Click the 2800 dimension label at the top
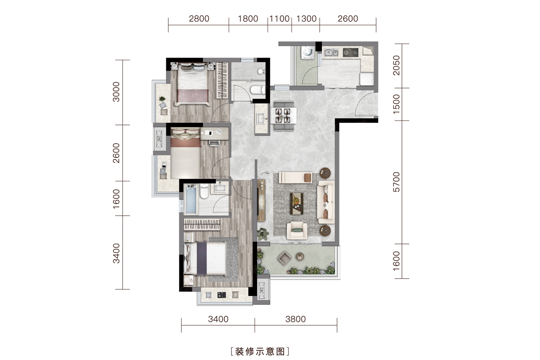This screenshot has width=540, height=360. pos(199,19)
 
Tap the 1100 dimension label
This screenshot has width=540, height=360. pos(279,19)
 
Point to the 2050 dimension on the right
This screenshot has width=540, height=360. pos(397,65)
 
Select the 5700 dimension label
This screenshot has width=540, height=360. pos(397,182)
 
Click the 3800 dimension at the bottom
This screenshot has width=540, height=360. pos(295,319)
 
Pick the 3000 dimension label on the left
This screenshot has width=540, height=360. pos(116,92)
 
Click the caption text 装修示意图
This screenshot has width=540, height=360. pos(260,352)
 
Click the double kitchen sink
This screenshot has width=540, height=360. pos(331,52)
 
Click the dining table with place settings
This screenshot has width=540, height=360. pos(284,115)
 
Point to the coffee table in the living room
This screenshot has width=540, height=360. pos(297,203)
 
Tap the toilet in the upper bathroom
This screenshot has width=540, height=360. pos(257,90)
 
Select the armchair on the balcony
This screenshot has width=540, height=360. pos(284,258)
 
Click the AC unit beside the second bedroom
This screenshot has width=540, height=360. pos(159,139)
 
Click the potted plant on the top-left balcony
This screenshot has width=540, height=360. pos(162,99)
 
